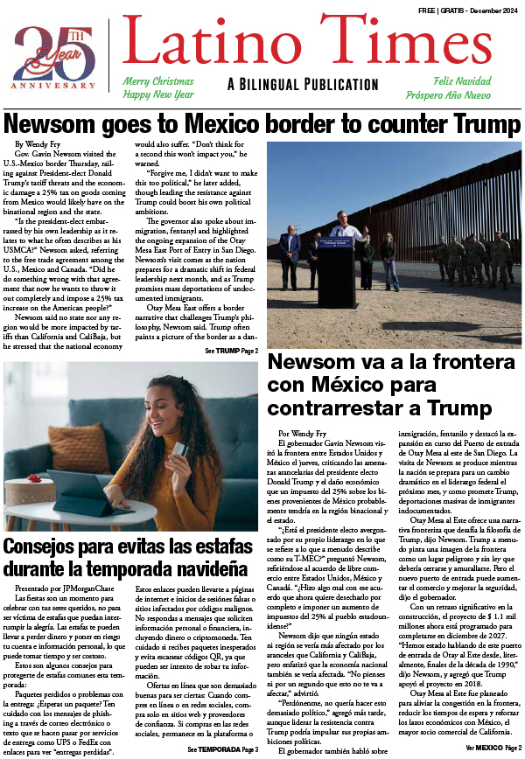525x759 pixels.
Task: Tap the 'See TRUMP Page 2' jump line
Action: point(231,351)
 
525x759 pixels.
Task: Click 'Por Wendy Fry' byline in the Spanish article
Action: point(303,433)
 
